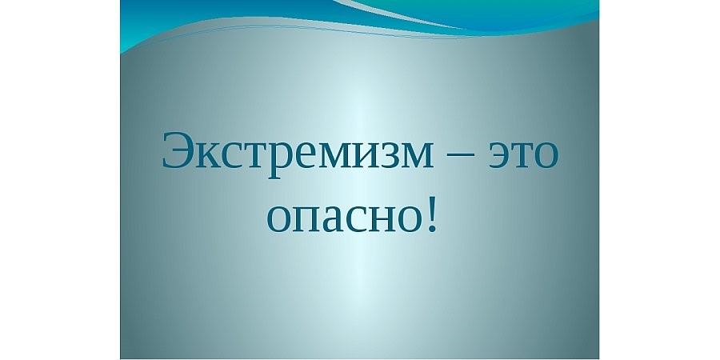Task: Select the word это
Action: coord(523,154)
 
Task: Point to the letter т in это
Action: coord(521,154)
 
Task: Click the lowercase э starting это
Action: coord(499,154)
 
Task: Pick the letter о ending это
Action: coord(546,154)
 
